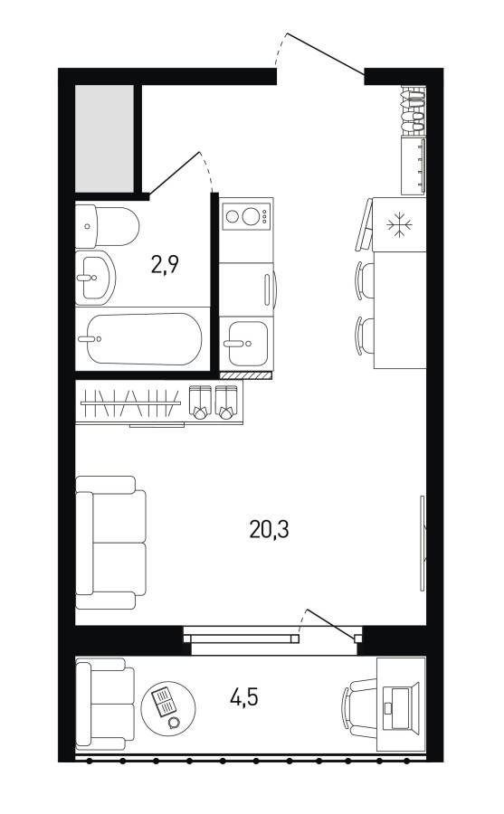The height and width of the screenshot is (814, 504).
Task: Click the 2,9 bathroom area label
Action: [165, 265]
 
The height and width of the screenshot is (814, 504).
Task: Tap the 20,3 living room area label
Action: [269, 529]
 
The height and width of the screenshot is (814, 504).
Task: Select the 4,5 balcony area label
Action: [243, 697]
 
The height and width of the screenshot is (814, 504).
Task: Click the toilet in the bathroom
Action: [107, 227]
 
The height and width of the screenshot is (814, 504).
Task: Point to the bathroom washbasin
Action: [95, 278]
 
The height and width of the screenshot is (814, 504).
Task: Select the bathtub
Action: [142, 339]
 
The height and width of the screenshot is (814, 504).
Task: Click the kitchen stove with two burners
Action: [246, 215]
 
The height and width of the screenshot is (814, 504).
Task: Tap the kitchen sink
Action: [247, 343]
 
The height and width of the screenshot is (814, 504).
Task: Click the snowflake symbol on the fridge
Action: [399, 225]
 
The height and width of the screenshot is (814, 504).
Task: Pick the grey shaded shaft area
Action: [105, 138]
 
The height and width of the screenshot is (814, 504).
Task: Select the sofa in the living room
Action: [110, 543]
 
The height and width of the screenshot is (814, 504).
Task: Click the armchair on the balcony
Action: [106, 704]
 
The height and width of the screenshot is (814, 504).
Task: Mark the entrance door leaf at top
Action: [326, 54]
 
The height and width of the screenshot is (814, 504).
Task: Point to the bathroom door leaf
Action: [174, 174]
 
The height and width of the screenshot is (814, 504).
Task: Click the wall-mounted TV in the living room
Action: [422, 543]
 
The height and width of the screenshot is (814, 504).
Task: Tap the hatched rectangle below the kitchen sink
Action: [246, 374]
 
